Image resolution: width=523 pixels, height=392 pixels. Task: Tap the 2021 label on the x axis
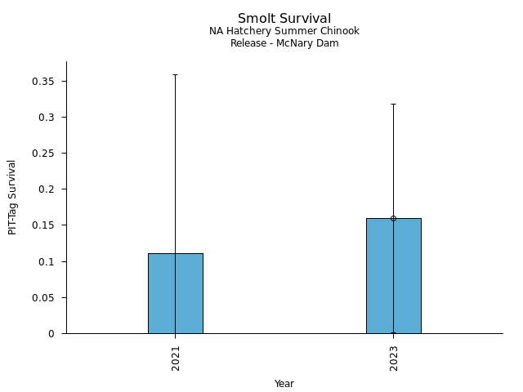tap(176, 358)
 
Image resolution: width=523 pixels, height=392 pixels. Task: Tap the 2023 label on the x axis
tap(394, 358)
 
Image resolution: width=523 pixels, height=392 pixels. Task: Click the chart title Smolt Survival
tap(284, 18)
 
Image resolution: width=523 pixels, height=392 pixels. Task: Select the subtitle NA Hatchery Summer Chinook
tap(284, 31)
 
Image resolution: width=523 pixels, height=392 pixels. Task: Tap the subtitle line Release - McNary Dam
tap(284, 43)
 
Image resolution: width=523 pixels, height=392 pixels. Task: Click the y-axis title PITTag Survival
tap(12, 197)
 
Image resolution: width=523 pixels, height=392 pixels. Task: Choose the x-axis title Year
tap(284, 384)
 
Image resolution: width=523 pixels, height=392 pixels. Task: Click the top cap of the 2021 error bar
tap(175, 74)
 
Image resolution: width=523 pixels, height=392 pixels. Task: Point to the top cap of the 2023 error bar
tap(393, 104)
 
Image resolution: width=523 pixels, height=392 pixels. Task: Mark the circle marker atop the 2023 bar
tap(393, 218)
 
